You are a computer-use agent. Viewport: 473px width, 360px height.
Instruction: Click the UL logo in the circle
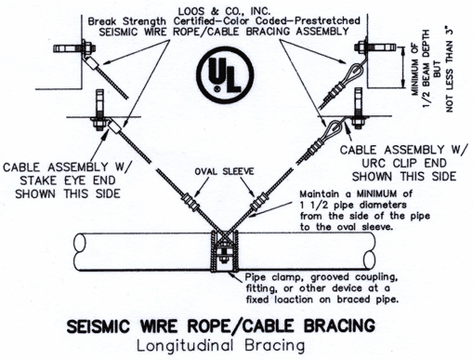click(x=225, y=74)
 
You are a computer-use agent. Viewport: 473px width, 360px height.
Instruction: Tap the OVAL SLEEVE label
click(x=224, y=171)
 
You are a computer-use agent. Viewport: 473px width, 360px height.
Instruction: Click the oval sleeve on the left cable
click(x=191, y=201)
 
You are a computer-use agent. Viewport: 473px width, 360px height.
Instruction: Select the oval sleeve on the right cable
click(x=258, y=201)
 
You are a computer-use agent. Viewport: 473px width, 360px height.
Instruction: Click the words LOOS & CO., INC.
click(x=224, y=11)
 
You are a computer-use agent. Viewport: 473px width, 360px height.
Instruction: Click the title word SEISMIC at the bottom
click(x=98, y=327)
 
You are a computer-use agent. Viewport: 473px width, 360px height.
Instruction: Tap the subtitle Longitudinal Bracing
click(x=221, y=345)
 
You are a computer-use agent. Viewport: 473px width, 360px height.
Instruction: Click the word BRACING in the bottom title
click(x=339, y=326)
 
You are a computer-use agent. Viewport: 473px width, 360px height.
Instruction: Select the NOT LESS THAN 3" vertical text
click(x=449, y=71)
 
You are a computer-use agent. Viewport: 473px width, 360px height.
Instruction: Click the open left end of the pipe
click(x=79, y=242)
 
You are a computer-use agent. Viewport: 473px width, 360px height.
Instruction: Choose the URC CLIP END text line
click(x=404, y=163)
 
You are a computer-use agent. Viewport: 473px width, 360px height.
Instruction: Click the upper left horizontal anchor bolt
click(x=74, y=48)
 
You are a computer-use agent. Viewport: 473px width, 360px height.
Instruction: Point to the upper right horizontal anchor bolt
click(x=375, y=47)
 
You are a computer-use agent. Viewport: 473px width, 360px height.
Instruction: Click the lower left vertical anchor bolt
click(x=100, y=111)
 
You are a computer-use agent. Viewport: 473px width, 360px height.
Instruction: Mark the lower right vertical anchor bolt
click(x=358, y=109)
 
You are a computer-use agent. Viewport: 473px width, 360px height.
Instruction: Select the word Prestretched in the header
click(x=327, y=21)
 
